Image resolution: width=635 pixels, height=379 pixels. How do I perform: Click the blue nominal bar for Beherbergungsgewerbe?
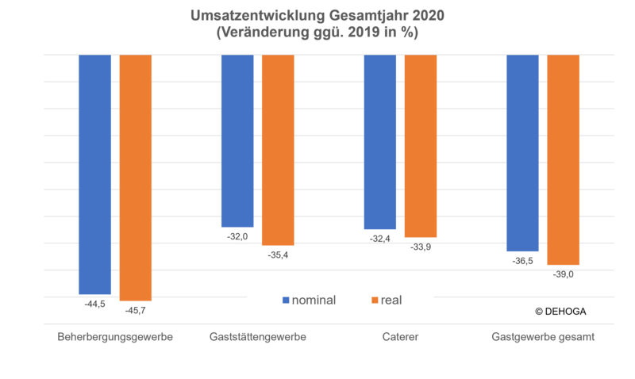point(95,174)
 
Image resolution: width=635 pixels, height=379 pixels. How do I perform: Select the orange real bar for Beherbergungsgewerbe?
point(136,178)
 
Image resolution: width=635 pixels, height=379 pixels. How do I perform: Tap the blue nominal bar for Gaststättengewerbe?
point(237,141)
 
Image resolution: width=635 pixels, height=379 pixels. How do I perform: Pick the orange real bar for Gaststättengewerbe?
point(278,150)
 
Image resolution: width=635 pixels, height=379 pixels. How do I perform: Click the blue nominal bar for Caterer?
point(380,142)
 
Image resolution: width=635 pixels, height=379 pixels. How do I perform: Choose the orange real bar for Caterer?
point(421,146)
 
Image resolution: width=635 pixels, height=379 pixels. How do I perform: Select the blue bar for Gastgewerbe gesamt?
point(523,153)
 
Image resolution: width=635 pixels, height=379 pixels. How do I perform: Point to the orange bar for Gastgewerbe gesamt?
point(564,159)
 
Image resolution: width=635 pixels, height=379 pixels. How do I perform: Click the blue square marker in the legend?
point(286,301)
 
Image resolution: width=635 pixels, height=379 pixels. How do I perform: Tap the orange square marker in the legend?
point(375,301)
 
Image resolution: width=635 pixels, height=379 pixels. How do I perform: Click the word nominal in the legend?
point(314,301)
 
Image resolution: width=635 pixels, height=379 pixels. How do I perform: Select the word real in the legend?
point(392,301)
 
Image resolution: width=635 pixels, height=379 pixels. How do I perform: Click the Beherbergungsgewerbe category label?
point(115,337)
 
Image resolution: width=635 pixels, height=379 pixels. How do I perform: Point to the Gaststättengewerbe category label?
point(258,337)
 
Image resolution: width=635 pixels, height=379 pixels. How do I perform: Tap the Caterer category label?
point(400,337)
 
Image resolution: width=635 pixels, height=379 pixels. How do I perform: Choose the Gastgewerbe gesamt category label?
point(544,337)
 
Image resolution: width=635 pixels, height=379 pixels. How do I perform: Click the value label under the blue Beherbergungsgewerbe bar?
point(94,303)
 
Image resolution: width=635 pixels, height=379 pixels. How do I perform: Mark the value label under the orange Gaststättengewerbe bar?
point(279,255)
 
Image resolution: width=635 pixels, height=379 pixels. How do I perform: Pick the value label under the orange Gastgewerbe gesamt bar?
point(563,274)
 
